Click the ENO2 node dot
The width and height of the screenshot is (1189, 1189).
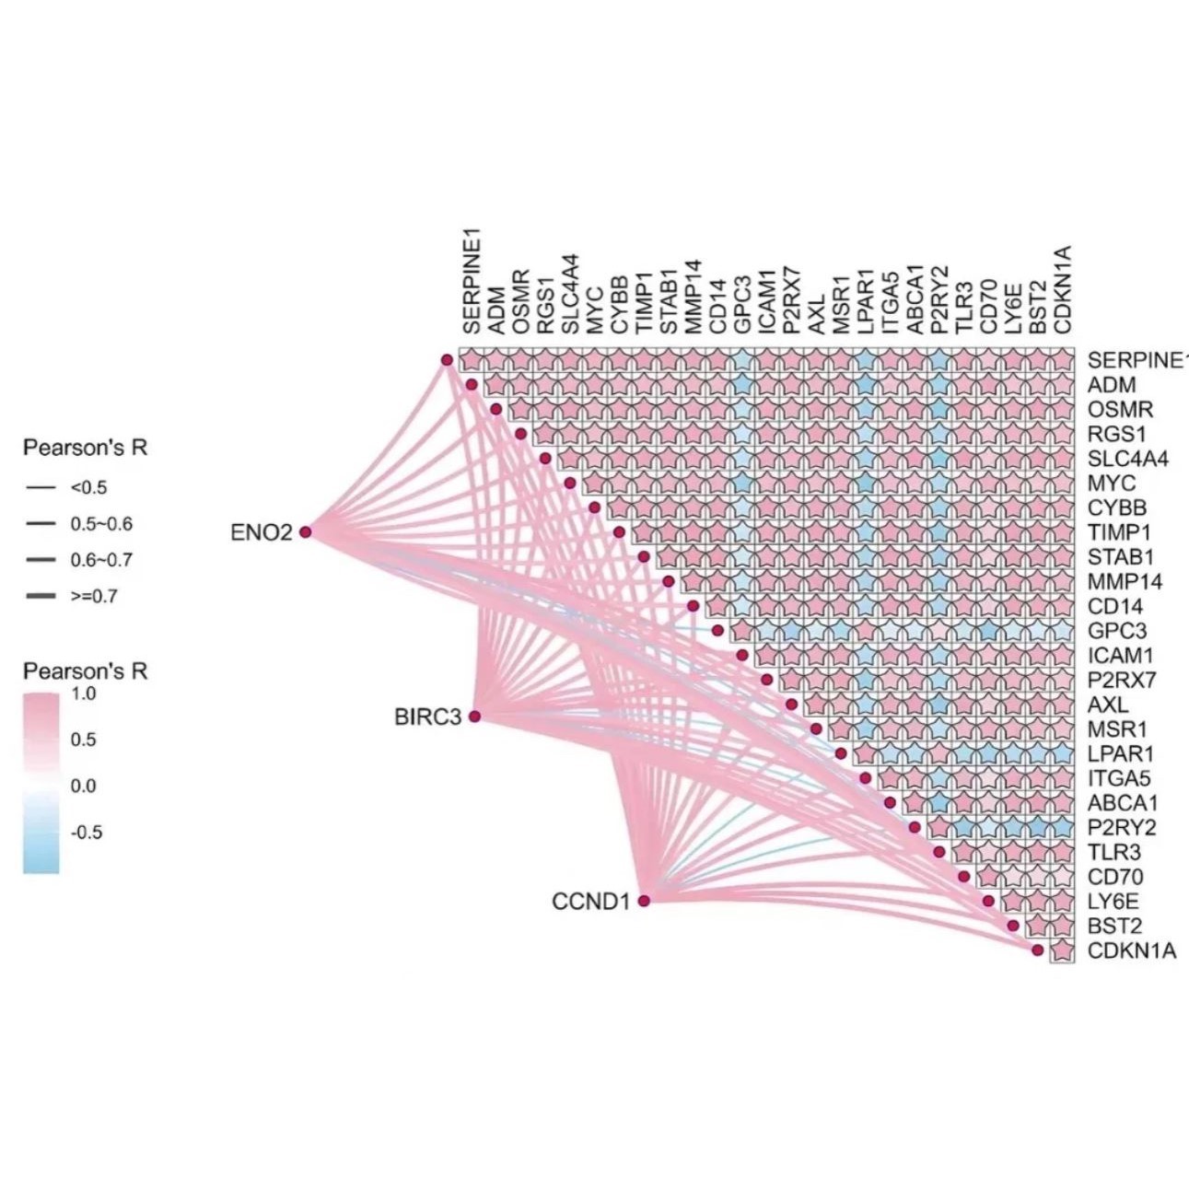[306, 531]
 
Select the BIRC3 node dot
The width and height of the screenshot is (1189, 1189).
[475, 716]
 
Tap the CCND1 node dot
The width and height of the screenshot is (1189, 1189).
[644, 900]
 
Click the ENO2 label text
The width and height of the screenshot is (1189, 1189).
[261, 532]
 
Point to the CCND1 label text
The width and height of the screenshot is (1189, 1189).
[590, 901]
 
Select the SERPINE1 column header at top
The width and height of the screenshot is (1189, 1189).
[472, 282]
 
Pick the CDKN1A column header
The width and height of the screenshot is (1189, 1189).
[1063, 288]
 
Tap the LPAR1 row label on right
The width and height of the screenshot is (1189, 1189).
[1120, 753]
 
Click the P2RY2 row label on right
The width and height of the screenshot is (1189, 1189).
[1122, 827]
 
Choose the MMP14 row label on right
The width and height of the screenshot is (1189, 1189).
[1125, 581]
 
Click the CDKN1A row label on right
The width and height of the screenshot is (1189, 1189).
[1132, 950]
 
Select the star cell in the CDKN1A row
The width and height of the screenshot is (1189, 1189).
[1063, 950]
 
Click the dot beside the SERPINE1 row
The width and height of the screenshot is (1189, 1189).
[447, 360]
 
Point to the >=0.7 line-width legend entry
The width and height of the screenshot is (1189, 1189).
[93, 596]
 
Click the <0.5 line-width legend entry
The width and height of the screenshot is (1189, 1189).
[88, 487]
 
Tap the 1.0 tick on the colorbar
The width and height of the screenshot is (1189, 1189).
[83, 694]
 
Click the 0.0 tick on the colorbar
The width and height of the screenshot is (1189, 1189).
[83, 786]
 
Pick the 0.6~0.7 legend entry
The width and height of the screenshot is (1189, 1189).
[100, 560]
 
